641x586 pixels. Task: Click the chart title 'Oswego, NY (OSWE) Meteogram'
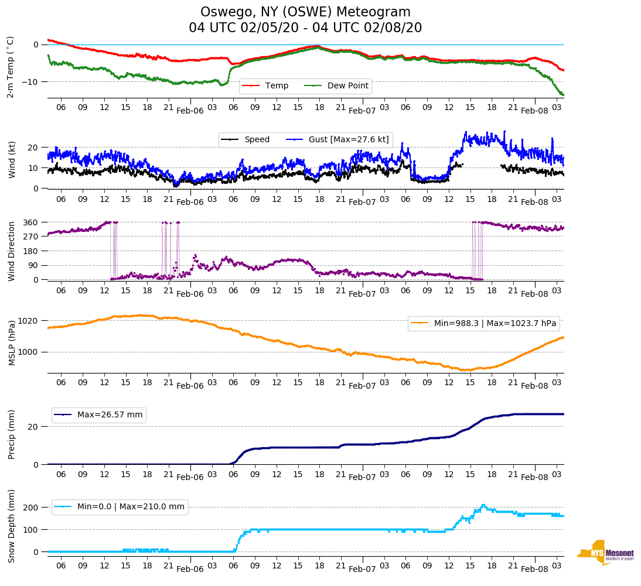[305, 12]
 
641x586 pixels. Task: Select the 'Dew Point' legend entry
[347, 86]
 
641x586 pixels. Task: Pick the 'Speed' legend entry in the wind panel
[257, 140]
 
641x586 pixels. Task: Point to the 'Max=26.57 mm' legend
[110, 415]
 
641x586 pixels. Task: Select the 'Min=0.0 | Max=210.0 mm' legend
[130, 507]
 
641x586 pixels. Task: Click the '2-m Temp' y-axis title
[11, 67]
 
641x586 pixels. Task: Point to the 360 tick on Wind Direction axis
[30, 222]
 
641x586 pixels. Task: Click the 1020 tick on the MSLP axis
[28, 321]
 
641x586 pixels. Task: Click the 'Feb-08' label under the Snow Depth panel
[534, 569]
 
